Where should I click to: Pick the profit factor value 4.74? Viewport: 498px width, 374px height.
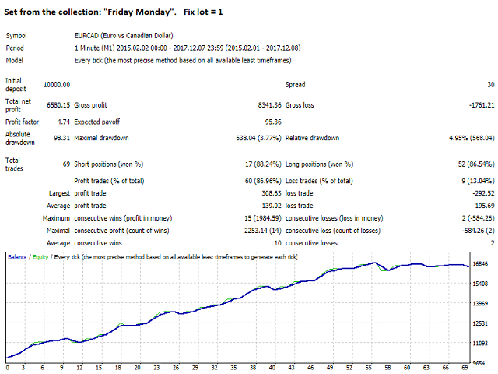pos(61,122)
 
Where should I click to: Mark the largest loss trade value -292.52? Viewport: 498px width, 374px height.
pos(474,192)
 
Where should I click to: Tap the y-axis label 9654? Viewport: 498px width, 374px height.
pos(482,363)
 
